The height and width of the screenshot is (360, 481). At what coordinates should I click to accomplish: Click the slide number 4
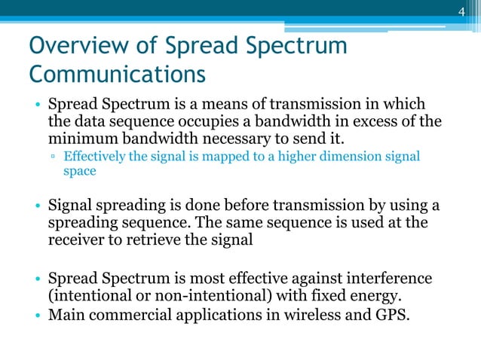pyautogui.click(x=464, y=11)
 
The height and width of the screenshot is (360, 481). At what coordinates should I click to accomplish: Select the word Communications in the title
pyautogui.click(x=117, y=76)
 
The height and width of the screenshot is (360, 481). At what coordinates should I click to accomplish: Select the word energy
pyautogui.click(x=333, y=296)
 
